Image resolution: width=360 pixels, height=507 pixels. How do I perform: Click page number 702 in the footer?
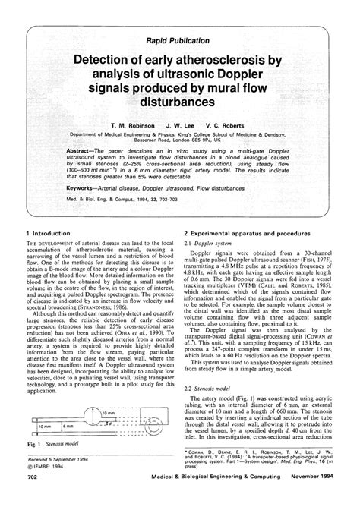pos(32,499)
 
